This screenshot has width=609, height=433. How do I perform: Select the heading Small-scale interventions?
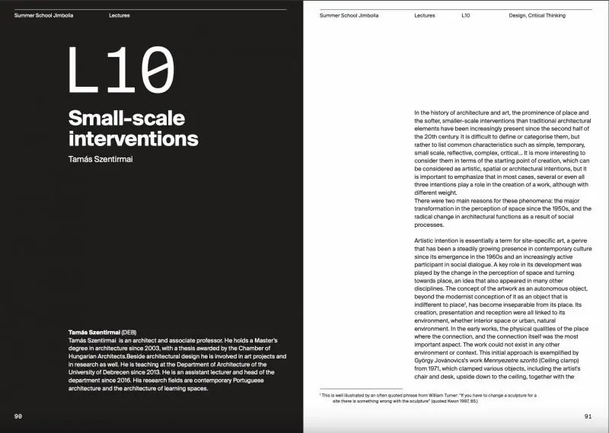(133, 129)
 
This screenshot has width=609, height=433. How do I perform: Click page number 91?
(588, 416)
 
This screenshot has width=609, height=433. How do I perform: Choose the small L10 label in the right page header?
(466, 15)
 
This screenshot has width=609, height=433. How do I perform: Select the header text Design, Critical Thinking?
(541, 15)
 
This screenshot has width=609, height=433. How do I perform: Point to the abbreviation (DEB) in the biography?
(132, 333)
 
